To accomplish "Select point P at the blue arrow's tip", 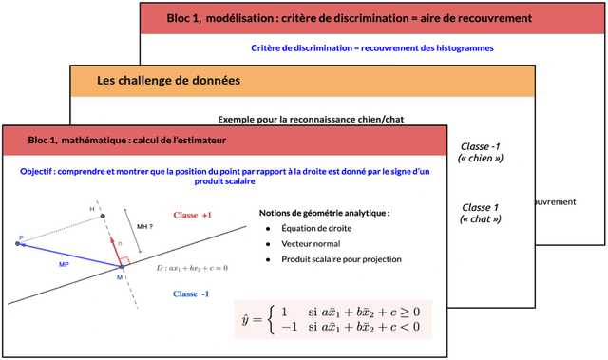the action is pos(17,243).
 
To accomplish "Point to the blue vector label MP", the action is pos(63,264).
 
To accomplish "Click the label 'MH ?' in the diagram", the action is pos(145,227).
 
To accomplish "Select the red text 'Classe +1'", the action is pos(192,216).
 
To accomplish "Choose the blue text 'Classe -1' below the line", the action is pos(192,294).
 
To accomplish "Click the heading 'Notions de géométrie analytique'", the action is pos(324,212).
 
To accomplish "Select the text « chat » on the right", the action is pos(479,219).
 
